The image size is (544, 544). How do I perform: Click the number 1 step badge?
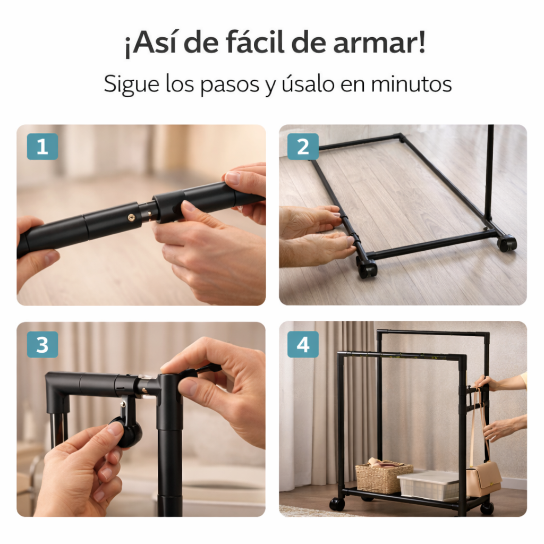point(42,147)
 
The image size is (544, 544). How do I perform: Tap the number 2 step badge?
point(303,147)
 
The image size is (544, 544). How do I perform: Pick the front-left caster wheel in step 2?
point(367,268)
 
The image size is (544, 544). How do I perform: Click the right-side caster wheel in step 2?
point(507,243)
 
